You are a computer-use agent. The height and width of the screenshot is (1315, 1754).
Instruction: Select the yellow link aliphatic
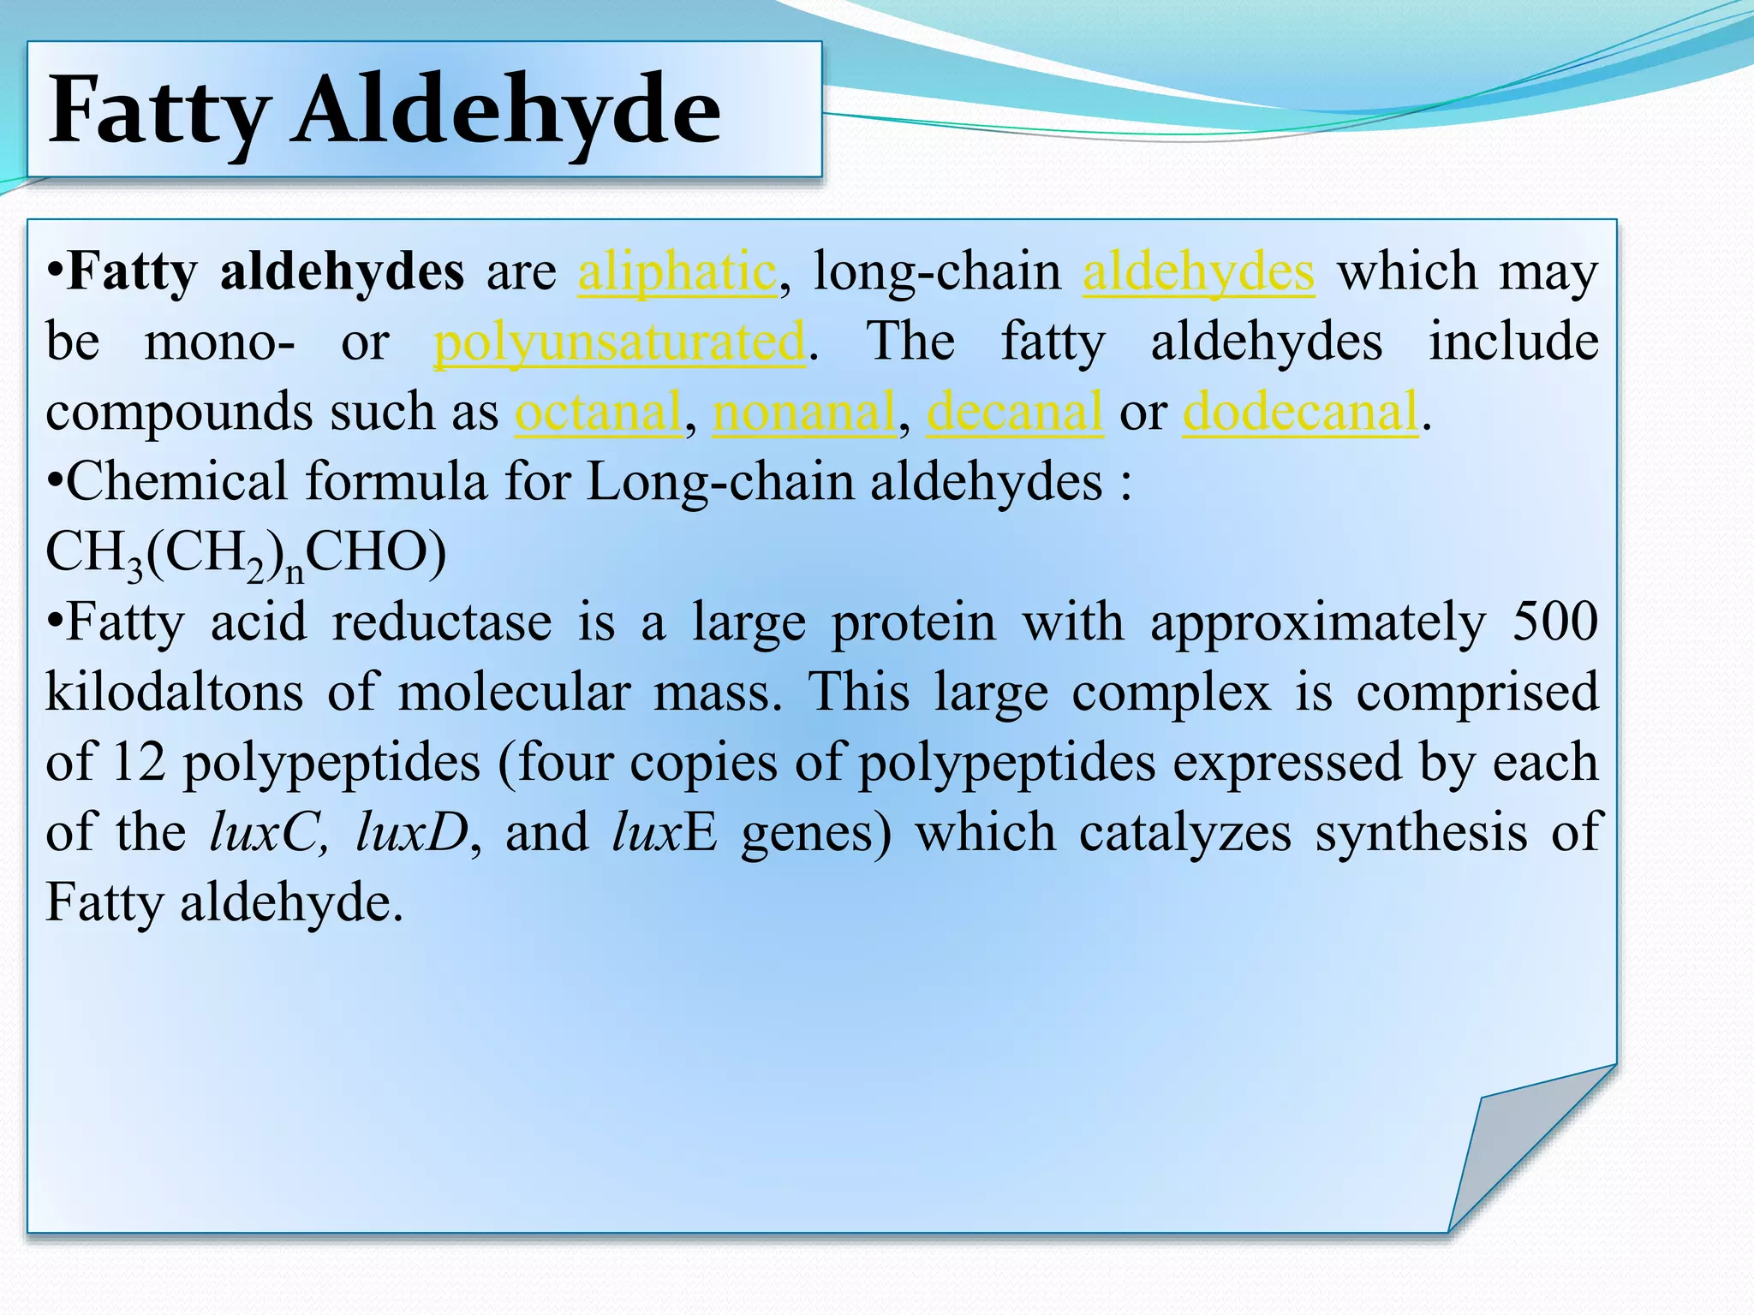(677, 272)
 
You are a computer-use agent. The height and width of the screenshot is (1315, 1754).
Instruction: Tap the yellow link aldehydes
(1198, 272)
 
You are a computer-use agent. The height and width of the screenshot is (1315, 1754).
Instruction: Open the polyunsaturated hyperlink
(619, 342)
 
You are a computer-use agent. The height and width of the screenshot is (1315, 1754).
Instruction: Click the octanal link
(598, 413)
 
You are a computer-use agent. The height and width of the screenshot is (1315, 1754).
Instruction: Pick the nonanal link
(804, 413)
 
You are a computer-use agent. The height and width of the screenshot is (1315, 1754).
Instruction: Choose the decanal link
(1015, 413)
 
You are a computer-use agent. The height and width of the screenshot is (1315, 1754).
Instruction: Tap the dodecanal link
(1300, 413)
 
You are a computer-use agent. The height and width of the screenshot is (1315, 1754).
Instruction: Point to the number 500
(1554, 622)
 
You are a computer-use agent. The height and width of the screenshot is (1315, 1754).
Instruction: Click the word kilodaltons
(174, 692)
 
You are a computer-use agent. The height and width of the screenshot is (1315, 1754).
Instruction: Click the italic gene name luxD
(412, 832)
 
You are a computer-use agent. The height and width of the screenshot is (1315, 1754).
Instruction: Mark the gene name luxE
(665, 832)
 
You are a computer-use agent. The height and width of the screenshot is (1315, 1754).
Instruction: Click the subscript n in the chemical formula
(295, 572)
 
